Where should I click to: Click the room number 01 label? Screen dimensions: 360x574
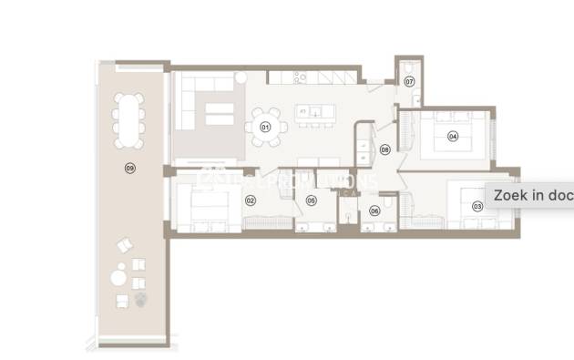pyautogui.click(x=266, y=127)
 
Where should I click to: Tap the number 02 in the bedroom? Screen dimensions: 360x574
pyautogui.click(x=250, y=199)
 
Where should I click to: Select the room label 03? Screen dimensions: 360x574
pyautogui.click(x=477, y=207)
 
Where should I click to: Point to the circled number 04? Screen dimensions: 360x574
pyautogui.click(x=452, y=137)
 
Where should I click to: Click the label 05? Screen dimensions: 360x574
pyautogui.click(x=311, y=201)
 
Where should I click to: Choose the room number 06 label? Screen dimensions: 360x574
pyautogui.click(x=374, y=211)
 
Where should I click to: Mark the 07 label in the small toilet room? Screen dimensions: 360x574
pyautogui.click(x=409, y=82)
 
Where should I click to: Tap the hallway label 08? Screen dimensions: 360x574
pyautogui.click(x=384, y=149)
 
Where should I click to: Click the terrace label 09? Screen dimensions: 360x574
pyautogui.click(x=129, y=168)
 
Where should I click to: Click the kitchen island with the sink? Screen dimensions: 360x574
pyautogui.click(x=314, y=114)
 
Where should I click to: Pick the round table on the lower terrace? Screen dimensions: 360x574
pyautogui.click(x=119, y=274)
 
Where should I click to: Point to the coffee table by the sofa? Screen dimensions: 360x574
pyautogui.click(x=219, y=114)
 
